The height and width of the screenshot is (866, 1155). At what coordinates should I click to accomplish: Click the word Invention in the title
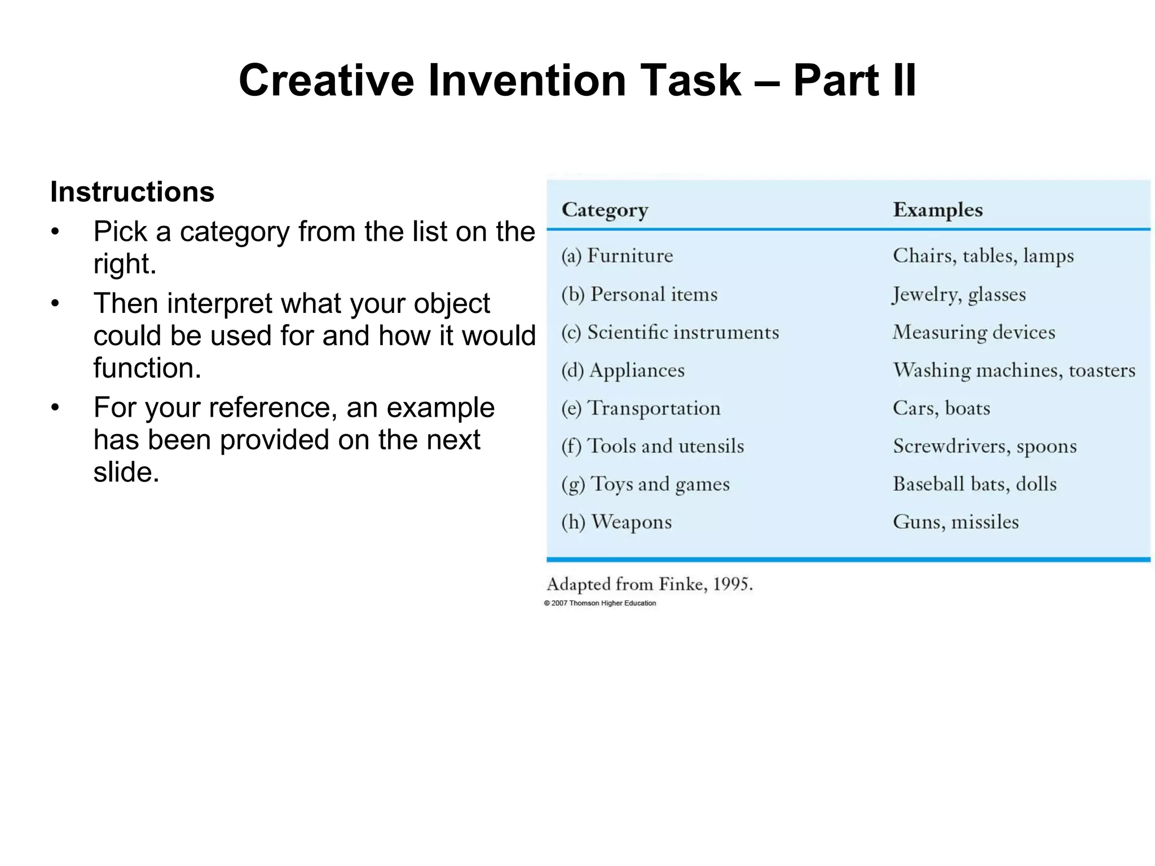527,81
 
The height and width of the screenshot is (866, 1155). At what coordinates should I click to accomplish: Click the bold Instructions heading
132,192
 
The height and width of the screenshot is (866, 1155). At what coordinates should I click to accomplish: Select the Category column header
605,210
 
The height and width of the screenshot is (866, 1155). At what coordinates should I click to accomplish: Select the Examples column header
937,210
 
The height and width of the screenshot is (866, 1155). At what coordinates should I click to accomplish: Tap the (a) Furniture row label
617,256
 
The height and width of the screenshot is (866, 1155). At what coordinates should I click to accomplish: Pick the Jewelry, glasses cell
959,294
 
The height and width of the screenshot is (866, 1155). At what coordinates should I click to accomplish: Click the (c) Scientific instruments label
670,333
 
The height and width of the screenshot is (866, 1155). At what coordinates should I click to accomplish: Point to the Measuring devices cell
973,333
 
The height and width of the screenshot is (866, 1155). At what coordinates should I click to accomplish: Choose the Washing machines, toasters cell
1014,370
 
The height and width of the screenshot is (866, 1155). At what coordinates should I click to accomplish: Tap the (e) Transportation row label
641,408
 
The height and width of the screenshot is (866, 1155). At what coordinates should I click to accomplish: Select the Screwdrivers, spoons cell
985,447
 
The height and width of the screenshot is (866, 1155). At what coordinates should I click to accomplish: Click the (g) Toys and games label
645,484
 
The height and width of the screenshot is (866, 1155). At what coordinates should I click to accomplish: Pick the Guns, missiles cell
955,522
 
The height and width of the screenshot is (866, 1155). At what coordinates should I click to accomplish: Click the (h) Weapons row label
616,522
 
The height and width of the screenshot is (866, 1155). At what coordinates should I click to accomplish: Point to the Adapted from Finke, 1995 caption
650,584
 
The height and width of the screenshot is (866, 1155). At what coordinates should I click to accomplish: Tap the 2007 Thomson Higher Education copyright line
600,603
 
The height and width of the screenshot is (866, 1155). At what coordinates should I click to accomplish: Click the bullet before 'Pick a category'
55,232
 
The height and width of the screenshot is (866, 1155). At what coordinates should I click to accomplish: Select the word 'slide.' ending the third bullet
126,472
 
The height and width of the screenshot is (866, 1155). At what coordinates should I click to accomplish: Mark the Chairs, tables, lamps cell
983,256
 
